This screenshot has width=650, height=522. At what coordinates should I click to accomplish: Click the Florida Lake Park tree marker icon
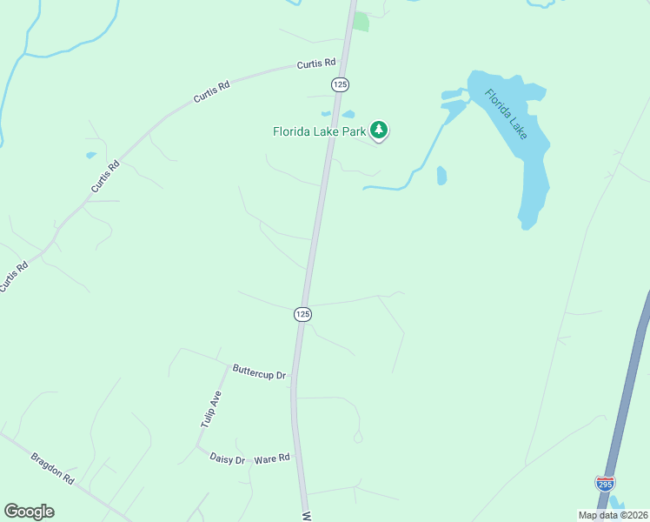379,130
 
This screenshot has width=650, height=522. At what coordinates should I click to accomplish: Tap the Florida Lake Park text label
319,132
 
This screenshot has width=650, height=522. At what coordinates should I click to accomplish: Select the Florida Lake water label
507,113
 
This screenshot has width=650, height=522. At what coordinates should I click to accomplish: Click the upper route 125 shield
340,84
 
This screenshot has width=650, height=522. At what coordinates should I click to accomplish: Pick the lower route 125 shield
302,314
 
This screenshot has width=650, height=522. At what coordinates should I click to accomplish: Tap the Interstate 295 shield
605,483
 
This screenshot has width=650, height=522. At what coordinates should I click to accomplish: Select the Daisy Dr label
228,458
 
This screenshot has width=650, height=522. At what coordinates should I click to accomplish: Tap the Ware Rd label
272,457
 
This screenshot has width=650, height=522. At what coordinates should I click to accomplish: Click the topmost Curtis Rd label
315,64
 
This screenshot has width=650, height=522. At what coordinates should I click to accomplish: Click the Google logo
29,512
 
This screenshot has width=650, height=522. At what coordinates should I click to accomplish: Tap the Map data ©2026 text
614,515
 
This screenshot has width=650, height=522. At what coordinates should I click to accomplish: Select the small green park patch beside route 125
361,22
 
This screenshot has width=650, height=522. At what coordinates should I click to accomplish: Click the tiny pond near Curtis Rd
91,156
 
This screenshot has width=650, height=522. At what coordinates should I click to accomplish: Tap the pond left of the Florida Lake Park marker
348,114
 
